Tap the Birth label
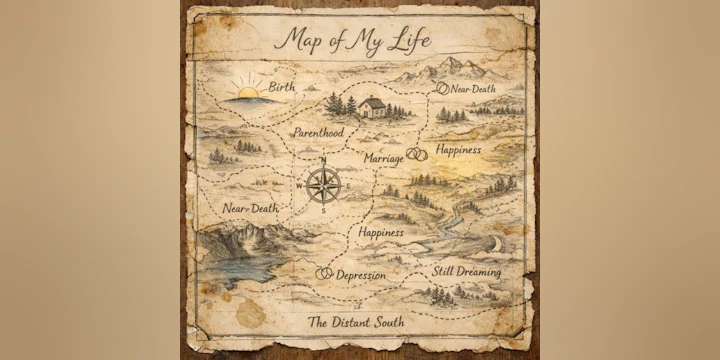pyautogui.click(x=281, y=88)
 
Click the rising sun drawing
pyautogui.click(x=247, y=93)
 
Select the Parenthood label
pyautogui.click(x=318, y=132)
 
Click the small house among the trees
pyautogui.click(x=372, y=106)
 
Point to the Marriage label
pyautogui.click(x=383, y=158)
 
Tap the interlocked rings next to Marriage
pyautogui.click(x=417, y=155)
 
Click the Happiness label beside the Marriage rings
pyautogui.click(x=466, y=149)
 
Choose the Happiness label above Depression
pyautogui.click(x=380, y=232)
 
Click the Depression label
pyautogui.click(x=361, y=275)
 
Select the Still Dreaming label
pyautogui.click(x=466, y=272)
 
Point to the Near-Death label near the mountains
pyautogui.click(x=473, y=89)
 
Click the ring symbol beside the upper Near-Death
pyautogui.click(x=443, y=88)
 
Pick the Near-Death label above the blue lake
pyautogui.click(x=250, y=208)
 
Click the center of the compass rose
pyautogui.click(x=323, y=184)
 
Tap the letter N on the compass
pyautogui.click(x=323, y=160)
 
